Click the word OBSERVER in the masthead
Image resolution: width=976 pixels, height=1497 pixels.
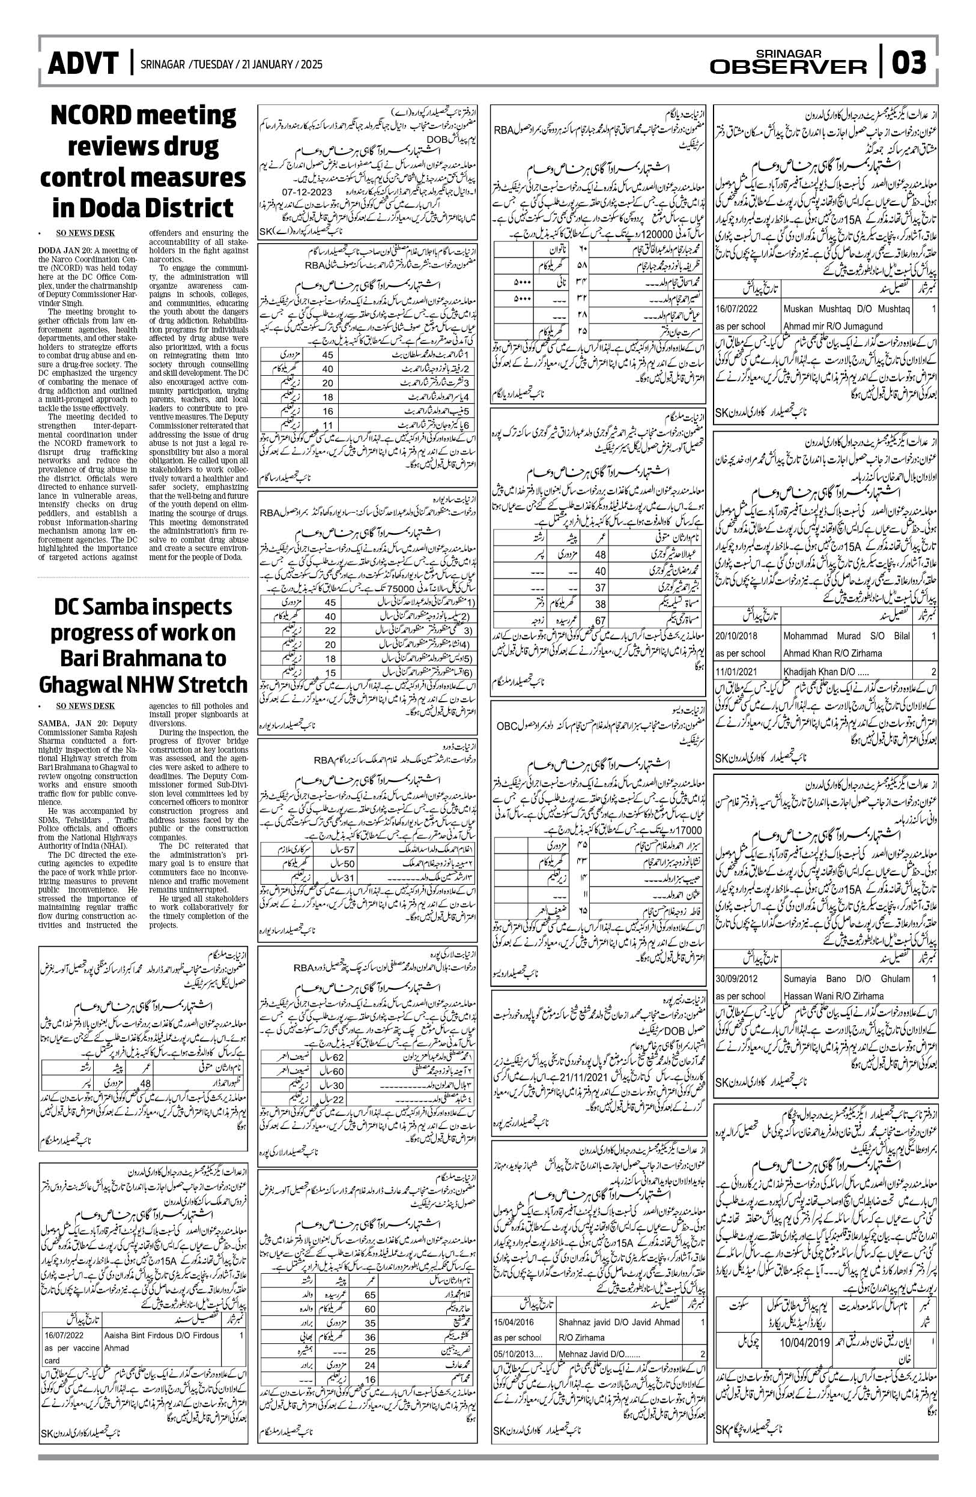789,67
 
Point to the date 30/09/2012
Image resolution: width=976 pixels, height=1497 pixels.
737,979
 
